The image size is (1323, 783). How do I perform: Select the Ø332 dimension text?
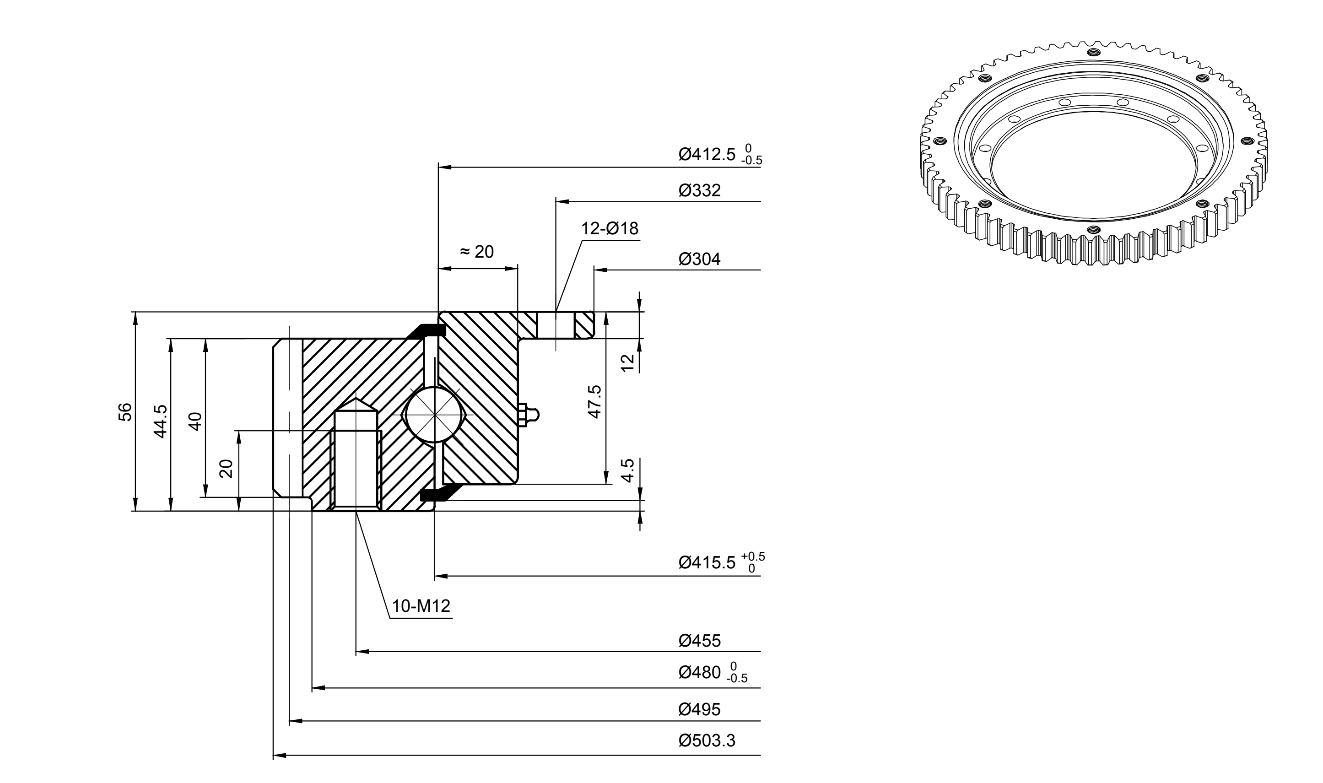[699, 190]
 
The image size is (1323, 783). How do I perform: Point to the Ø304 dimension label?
[699, 259]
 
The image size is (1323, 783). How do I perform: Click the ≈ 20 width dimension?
[477, 252]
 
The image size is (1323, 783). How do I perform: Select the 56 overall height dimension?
[124, 411]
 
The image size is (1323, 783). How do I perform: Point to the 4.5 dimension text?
[627, 470]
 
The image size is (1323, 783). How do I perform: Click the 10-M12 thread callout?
[421, 606]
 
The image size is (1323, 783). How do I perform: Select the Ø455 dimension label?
[699, 641]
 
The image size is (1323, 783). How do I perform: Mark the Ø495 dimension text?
[699, 709]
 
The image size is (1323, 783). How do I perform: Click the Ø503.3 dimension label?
[707, 740]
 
